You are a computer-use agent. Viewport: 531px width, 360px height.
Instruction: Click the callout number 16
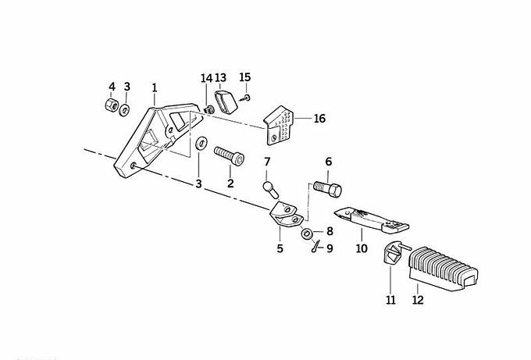(319, 119)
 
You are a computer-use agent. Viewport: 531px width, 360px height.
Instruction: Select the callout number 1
(155, 87)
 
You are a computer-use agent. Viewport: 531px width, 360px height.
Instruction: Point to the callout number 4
(112, 86)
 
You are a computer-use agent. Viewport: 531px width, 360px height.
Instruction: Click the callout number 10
(362, 250)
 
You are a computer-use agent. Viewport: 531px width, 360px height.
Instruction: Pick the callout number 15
(246, 77)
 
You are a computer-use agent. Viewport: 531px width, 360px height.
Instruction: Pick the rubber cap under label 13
(226, 101)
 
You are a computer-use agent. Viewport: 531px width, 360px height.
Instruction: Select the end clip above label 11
(394, 255)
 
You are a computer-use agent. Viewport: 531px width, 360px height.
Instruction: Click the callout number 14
(206, 78)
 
